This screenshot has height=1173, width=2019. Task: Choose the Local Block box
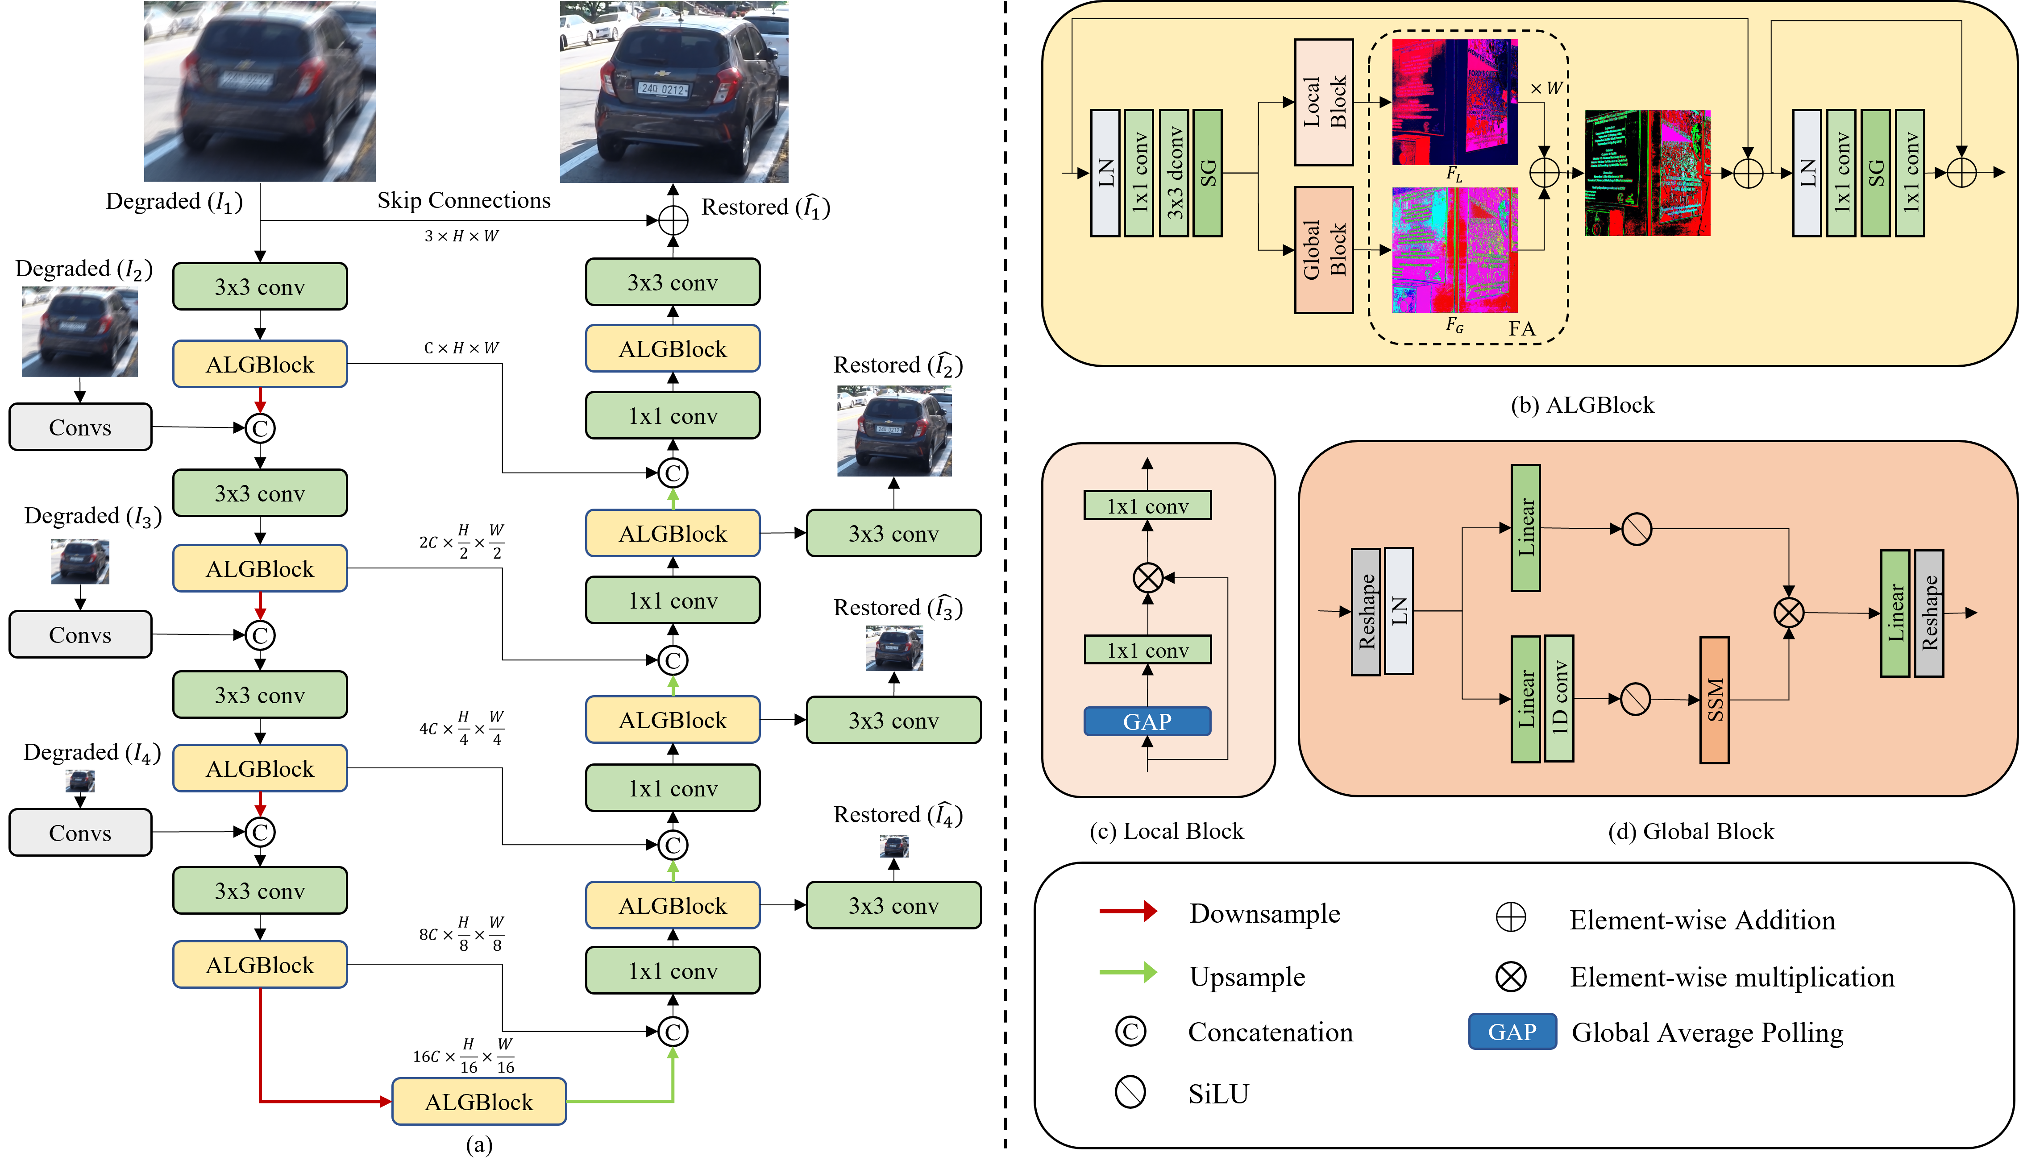click(x=1324, y=103)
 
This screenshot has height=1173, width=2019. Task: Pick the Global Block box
click(x=1324, y=250)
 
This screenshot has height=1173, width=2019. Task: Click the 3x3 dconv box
click(x=1174, y=173)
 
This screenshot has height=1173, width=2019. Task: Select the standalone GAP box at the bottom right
click(x=1512, y=1031)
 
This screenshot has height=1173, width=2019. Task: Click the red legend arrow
click(x=1127, y=911)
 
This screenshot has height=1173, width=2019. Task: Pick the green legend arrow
click(x=1127, y=972)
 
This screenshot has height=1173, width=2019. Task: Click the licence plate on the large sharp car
click(x=663, y=89)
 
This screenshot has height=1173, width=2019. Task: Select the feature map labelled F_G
click(x=1454, y=250)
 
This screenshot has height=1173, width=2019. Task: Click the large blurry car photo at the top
click(x=260, y=91)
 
